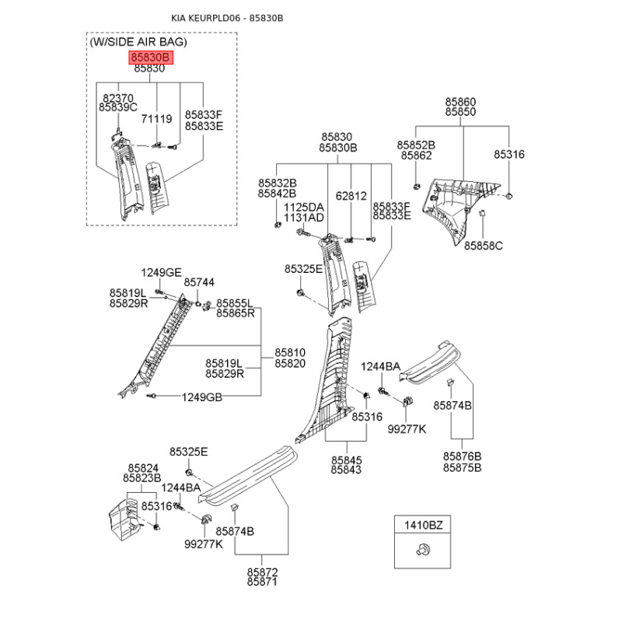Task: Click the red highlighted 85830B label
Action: [x=149, y=58]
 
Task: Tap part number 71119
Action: [x=156, y=119]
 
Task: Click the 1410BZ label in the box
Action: [x=421, y=526]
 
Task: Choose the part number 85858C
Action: [x=484, y=246]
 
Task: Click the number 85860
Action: [x=460, y=102]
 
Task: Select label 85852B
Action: [x=416, y=145]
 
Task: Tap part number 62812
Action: [x=351, y=196]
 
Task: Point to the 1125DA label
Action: [x=303, y=208]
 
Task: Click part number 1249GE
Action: [x=161, y=272]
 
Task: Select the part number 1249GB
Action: [x=202, y=397]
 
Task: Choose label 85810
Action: [x=289, y=352]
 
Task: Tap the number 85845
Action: [x=346, y=460]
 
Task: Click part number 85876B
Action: [x=463, y=456]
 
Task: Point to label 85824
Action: [x=142, y=467]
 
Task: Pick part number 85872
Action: [x=262, y=572]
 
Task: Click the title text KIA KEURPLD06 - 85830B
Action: [x=227, y=17]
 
